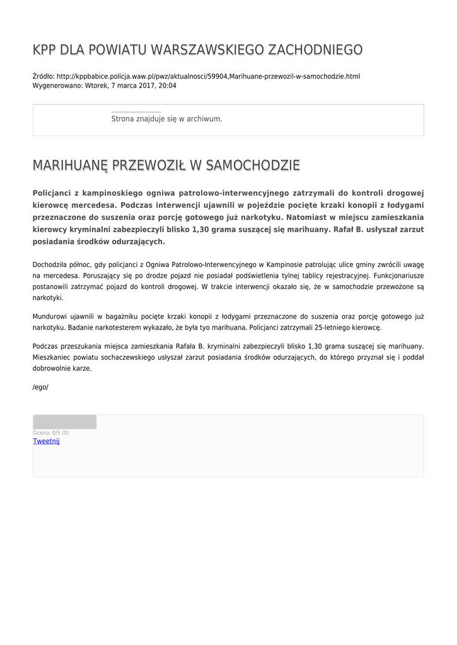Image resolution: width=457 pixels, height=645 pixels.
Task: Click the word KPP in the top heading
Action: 45,50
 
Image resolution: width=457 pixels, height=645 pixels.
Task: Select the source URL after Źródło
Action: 208,76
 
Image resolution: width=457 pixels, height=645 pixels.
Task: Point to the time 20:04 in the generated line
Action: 168,86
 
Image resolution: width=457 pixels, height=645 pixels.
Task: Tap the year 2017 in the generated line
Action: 146,86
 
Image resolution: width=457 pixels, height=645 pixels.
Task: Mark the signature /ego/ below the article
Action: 40,387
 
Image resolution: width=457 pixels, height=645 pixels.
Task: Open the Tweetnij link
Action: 46,441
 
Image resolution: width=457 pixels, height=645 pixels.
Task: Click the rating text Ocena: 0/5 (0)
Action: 51,433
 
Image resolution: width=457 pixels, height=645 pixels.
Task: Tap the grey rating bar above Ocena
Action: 64,422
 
